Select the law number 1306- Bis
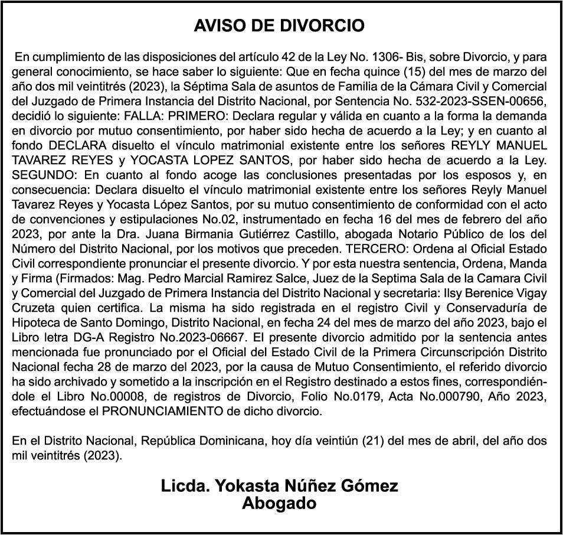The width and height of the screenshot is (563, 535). click(395, 57)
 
